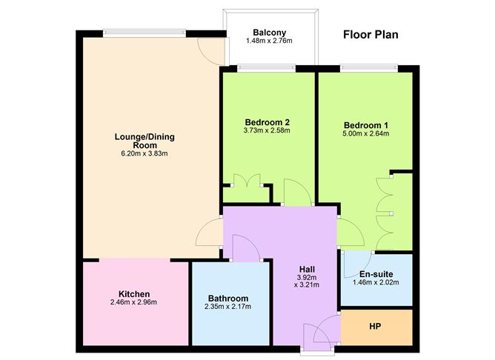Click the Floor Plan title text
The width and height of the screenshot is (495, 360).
click(x=371, y=34)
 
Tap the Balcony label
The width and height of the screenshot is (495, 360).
click(x=270, y=33)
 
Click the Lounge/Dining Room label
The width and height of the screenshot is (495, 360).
click(x=144, y=141)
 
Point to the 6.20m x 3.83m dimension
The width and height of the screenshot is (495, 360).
click(x=144, y=155)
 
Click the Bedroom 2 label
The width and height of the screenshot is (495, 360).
click(x=267, y=122)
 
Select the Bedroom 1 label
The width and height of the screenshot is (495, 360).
click(x=366, y=125)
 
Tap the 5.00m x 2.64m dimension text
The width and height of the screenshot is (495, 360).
click(x=366, y=134)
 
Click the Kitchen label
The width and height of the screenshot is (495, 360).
click(x=134, y=293)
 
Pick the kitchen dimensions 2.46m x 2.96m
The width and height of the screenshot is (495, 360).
click(x=134, y=302)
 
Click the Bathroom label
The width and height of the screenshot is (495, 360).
click(x=227, y=299)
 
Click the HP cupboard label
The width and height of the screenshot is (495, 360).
click(x=375, y=327)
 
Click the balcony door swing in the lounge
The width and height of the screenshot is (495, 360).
click(x=211, y=49)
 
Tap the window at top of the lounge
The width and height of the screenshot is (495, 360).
click(x=144, y=32)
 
